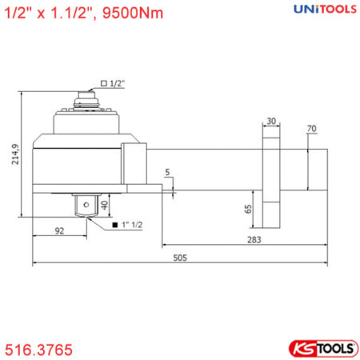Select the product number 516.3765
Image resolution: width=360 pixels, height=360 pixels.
[x=39, y=349]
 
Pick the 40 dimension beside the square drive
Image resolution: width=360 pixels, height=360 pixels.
[x=103, y=205]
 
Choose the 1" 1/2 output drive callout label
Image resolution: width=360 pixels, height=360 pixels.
[x=130, y=225]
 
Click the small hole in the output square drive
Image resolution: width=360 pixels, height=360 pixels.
[x=82, y=205]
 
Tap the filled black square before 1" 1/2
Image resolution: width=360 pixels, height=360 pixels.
[x=116, y=225]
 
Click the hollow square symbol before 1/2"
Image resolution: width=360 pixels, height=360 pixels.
[x=104, y=83]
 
